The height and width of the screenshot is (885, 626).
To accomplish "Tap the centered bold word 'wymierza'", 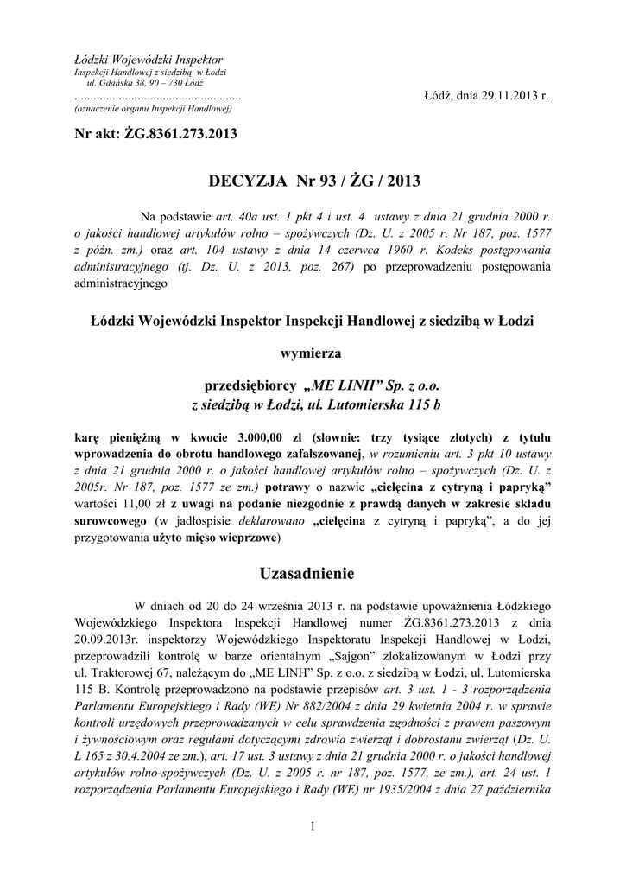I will (x=312, y=353).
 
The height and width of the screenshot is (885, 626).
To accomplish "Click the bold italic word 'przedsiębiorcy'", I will (x=251, y=385).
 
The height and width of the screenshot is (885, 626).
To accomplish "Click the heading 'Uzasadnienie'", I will (x=313, y=573).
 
